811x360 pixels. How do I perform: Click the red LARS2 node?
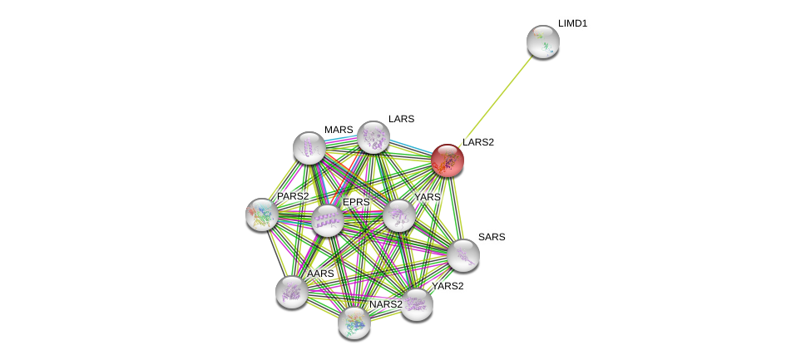[x=448, y=160]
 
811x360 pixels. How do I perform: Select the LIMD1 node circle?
[x=543, y=42]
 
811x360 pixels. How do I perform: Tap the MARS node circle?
[x=309, y=148]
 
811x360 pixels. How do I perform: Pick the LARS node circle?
[x=373, y=137]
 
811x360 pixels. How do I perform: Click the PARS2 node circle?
[x=262, y=215]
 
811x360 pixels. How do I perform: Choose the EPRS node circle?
[x=328, y=220]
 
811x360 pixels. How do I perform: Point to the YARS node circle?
[x=399, y=215]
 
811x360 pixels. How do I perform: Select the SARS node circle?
[x=463, y=255]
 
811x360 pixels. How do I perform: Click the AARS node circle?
[x=292, y=292]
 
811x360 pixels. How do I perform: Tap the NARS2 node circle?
[x=354, y=323]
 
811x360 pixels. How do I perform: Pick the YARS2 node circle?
[x=417, y=304]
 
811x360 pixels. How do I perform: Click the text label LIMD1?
[x=572, y=23]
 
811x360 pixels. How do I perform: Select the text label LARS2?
[x=478, y=142]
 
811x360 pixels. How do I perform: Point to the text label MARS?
[x=339, y=130]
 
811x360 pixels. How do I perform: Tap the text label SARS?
[x=492, y=237]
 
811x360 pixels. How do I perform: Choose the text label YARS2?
[x=448, y=286]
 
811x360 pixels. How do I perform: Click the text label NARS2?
[x=386, y=304]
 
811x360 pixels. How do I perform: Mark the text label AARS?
[x=320, y=274]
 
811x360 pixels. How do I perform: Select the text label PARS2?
[x=293, y=196]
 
